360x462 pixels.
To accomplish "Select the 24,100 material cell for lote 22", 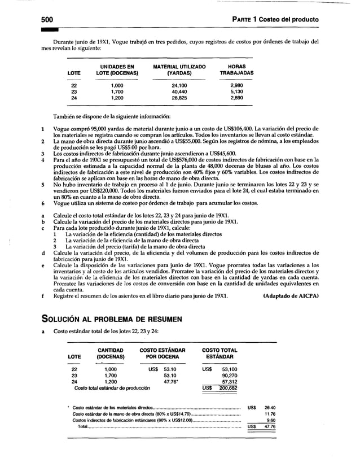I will click(179, 85).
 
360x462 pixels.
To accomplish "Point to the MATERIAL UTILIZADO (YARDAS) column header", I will click(179, 70).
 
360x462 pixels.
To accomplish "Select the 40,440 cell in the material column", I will click(179, 91).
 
